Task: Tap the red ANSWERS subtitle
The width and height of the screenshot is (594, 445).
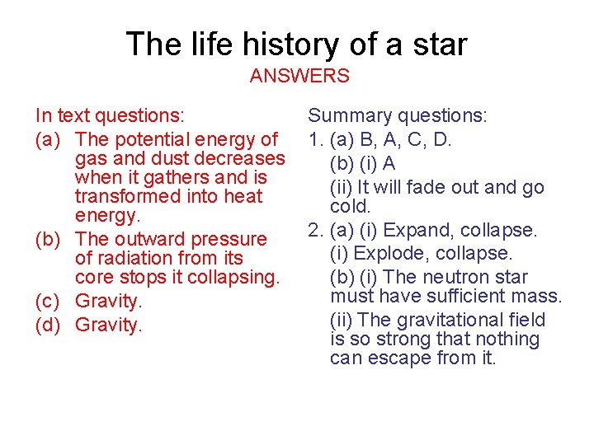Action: (x=299, y=76)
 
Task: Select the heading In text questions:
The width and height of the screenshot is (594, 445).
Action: (x=110, y=116)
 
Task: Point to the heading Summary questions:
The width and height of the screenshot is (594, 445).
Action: (x=397, y=116)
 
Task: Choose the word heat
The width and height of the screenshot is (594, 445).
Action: (x=242, y=196)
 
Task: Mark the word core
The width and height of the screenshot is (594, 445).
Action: (x=92, y=277)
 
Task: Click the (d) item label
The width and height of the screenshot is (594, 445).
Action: (x=49, y=325)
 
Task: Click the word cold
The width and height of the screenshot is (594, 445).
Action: (x=351, y=205)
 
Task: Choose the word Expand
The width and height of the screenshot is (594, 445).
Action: (x=422, y=230)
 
